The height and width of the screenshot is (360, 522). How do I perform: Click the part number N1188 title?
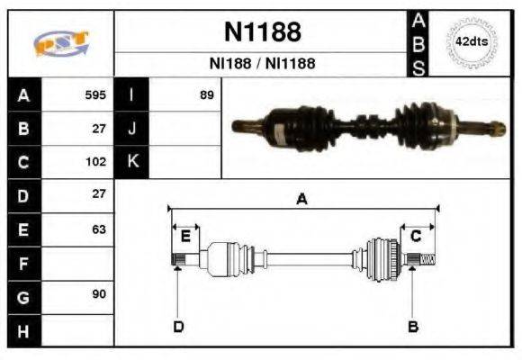coord(262,32)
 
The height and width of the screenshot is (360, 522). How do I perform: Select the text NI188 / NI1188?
coord(262,64)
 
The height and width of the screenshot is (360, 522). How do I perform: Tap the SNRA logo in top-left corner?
coord(61,43)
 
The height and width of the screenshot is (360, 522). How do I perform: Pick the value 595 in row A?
coord(95,94)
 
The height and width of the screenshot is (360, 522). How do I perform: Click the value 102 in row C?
coord(95,162)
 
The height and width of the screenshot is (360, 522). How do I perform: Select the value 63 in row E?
coord(98,229)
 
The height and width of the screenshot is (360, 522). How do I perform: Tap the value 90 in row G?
coord(98,295)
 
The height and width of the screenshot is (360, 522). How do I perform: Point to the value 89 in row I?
coord(206,94)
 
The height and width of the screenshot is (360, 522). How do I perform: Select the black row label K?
coord(132,162)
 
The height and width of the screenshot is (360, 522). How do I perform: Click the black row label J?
coord(132,129)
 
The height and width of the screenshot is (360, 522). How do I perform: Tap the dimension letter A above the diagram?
coord(302,199)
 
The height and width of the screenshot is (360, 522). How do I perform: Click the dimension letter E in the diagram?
coord(185,237)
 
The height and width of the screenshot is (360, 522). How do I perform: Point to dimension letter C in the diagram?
coord(416,237)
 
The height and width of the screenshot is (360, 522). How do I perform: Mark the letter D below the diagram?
coord(178,326)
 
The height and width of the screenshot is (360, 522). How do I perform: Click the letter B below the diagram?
coord(412,326)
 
